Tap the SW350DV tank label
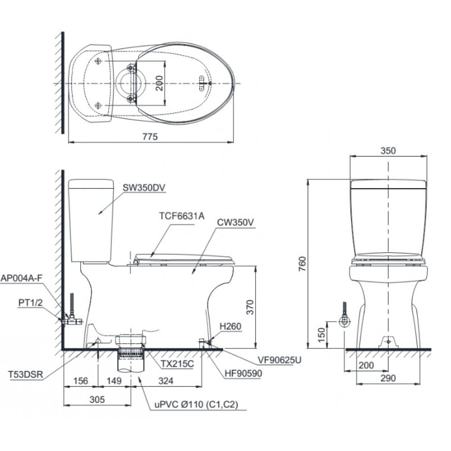144,188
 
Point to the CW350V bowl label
235,222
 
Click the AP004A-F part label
22,278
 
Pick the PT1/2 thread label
30,302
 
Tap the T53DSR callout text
26,374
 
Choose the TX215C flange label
177,364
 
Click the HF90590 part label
244,373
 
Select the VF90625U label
279,360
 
